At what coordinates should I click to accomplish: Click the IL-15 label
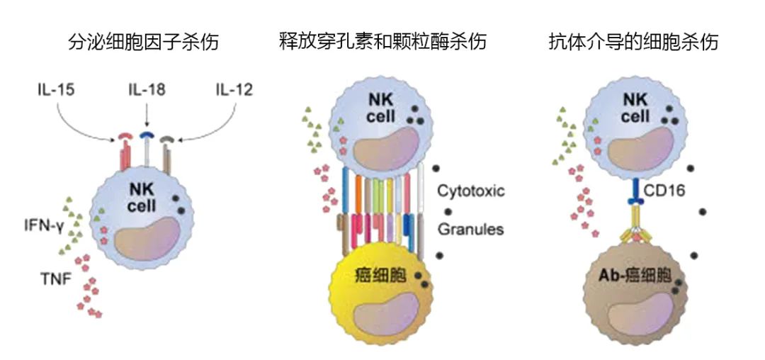(57, 91)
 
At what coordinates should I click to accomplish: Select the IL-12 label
(233, 91)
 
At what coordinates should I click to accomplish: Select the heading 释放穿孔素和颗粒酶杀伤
(383, 42)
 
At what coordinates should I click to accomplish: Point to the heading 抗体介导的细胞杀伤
(633, 42)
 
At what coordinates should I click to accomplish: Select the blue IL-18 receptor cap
(147, 134)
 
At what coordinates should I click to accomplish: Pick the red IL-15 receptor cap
(125, 135)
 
